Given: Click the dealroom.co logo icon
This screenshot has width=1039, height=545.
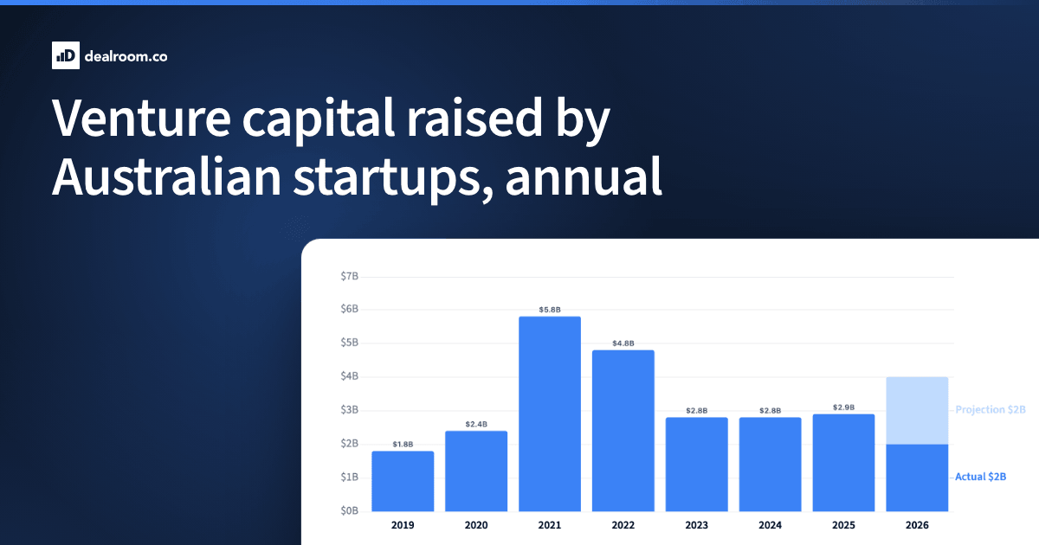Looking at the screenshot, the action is [x=66, y=55].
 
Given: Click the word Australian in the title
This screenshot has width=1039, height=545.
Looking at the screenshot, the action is [x=166, y=176].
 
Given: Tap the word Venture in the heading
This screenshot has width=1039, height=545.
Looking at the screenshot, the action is [x=141, y=118].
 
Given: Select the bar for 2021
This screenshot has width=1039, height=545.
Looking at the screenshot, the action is [x=550, y=414].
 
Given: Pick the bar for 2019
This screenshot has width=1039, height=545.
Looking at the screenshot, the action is [x=403, y=482].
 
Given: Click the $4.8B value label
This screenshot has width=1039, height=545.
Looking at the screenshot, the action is [x=623, y=343].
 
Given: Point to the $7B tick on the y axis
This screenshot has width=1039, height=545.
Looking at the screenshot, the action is [x=349, y=276].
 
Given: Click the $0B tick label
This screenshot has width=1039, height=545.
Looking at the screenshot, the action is [x=349, y=510].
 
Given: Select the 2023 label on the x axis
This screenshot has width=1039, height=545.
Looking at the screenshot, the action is [x=697, y=525].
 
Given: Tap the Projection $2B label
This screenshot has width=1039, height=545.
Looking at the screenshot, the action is [x=991, y=410].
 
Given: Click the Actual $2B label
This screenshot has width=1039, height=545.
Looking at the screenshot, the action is [x=980, y=477].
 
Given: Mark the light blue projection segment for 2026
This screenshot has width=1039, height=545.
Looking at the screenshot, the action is [x=917, y=411].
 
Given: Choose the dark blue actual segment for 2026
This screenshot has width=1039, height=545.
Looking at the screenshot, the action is [x=917, y=478].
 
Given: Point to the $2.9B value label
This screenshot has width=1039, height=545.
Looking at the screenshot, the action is [x=843, y=407].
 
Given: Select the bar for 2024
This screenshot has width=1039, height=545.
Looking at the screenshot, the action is [x=770, y=465].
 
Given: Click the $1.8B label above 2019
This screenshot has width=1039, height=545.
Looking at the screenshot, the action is [x=403, y=445].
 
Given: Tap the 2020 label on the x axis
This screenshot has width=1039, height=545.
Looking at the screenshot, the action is [x=476, y=525].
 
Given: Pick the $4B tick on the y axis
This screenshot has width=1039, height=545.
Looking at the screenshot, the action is [x=349, y=375].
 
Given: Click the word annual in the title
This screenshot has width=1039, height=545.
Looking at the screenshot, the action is [x=584, y=176].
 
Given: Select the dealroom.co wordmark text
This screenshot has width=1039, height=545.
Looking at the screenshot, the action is [x=126, y=56].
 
